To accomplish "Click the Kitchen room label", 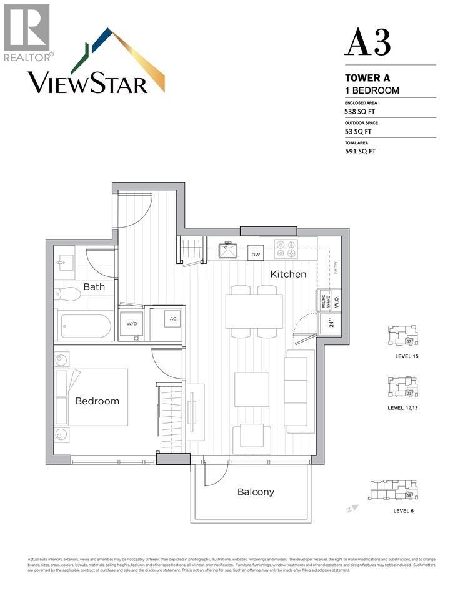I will [288, 274].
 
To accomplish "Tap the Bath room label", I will [94, 287].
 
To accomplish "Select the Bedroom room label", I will [97, 401].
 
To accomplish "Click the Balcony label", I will [256, 492].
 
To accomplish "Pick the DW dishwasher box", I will [255, 254].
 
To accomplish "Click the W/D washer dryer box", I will [132, 323].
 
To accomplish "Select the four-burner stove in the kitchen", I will [286, 250].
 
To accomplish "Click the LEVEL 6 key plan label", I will [403, 510].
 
